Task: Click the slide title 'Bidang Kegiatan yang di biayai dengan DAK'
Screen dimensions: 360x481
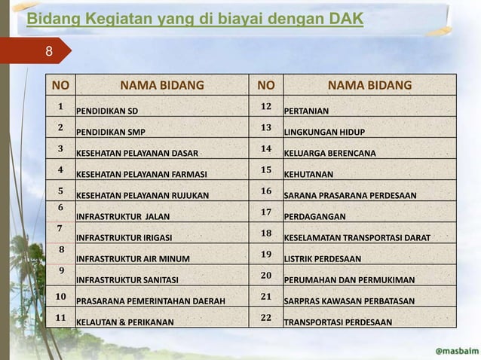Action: click(x=195, y=18)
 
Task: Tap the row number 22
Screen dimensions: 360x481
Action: click(x=265, y=318)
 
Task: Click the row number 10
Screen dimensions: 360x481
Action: click(x=61, y=296)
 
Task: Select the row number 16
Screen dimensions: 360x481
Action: click(x=265, y=191)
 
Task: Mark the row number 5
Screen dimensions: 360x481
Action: click(x=61, y=191)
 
